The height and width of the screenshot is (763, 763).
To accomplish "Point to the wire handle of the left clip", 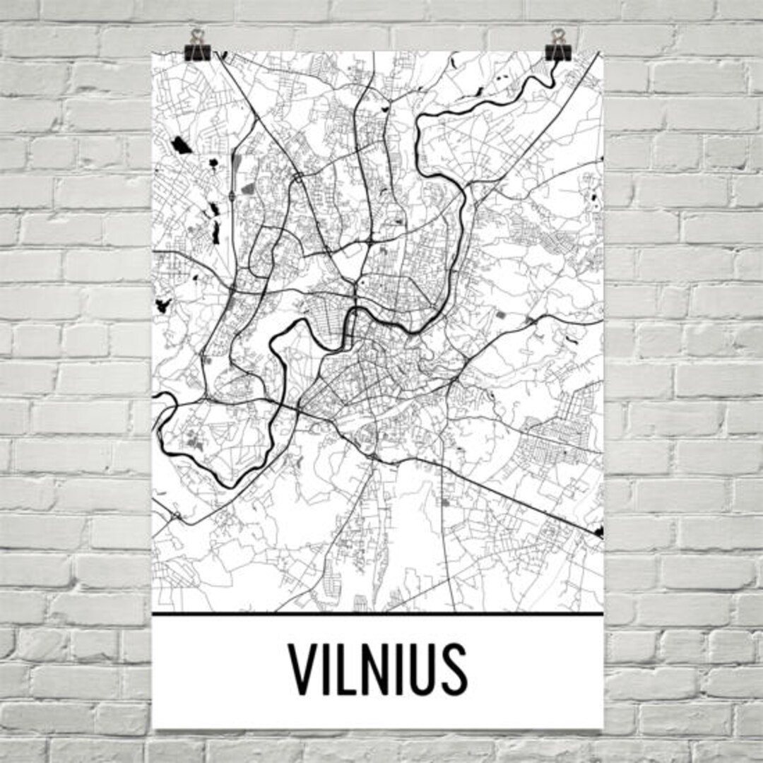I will coord(196,35).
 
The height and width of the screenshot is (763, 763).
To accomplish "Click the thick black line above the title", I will coord(378,613).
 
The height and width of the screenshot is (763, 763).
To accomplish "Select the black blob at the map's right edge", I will coord(600,531).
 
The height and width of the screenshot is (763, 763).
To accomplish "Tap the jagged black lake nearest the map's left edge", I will coord(163,306).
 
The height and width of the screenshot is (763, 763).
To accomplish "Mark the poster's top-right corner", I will coord(603,52).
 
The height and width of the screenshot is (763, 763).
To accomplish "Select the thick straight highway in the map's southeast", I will coord(509,495).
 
